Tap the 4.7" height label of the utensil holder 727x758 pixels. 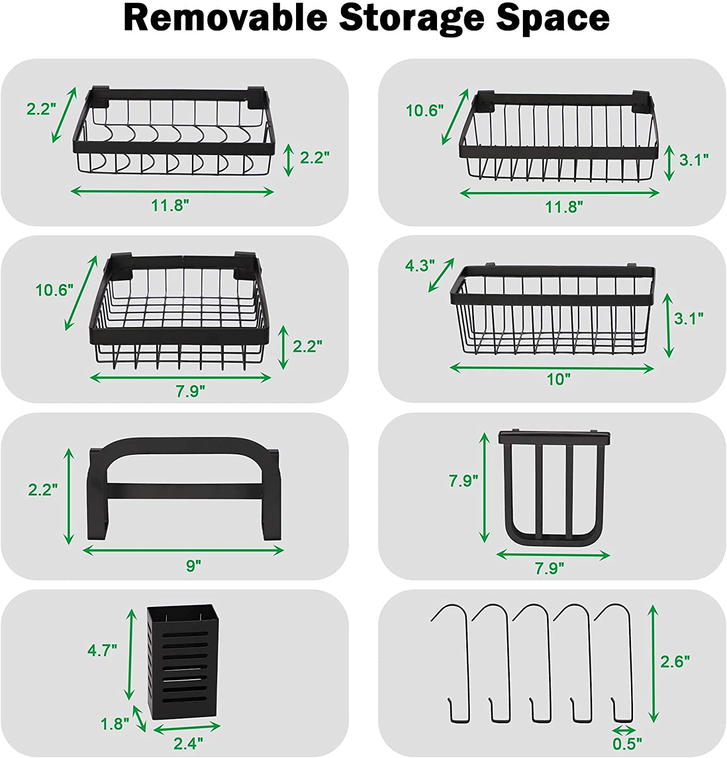(103, 650)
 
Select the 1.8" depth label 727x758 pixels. (115, 724)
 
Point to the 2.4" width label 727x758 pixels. (188, 743)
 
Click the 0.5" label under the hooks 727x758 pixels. (627, 743)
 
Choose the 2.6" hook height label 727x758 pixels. (675, 661)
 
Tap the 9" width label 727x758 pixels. (193, 565)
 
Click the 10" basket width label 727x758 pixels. (559, 380)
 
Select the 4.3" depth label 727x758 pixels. (420, 265)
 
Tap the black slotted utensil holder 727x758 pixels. (183, 662)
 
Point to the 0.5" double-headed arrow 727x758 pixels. (624, 730)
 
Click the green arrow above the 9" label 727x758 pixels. (183, 550)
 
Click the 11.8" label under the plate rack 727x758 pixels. (564, 207)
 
